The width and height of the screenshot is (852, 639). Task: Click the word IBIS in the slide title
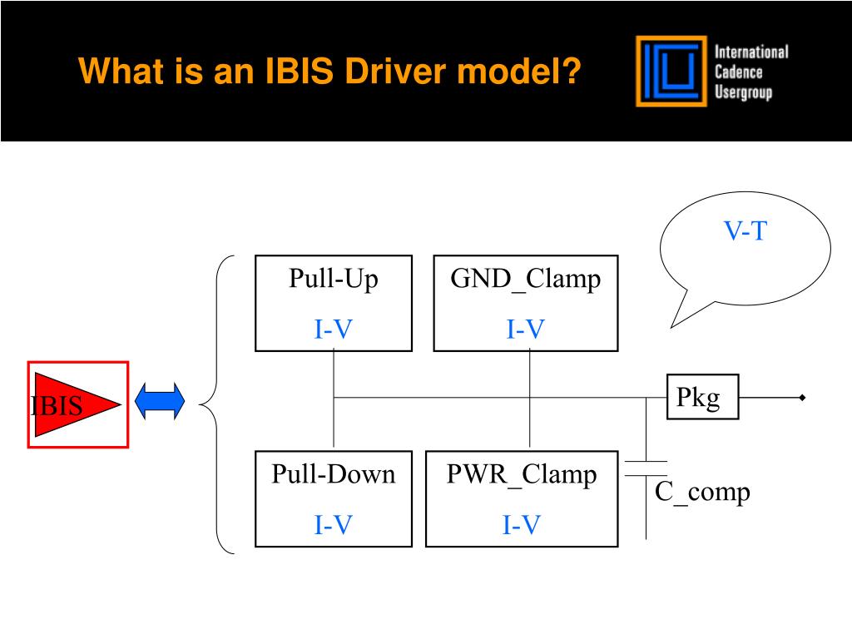pyautogui.click(x=299, y=71)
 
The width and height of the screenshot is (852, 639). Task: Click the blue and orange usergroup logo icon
pyautogui.click(x=671, y=72)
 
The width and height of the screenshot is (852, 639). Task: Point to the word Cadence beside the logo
pyautogui.click(x=739, y=72)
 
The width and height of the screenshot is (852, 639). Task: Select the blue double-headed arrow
pyautogui.click(x=159, y=402)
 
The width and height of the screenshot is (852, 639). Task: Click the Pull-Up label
pyautogui.click(x=333, y=280)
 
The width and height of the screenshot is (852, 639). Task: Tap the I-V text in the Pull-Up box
pyautogui.click(x=333, y=329)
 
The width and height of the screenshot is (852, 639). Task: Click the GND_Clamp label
pyautogui.click(x=526, y=280)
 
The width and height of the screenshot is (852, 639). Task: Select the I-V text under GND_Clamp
pyautogui.click(x=526, y=329)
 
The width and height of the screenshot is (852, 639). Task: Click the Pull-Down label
pyautogui.click(x=333, y=473)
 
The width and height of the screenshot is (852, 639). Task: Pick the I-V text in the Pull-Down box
pyautogui.click(x=333, y=524)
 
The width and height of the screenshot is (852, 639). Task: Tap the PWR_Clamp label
pyautogui.click(x=522, y=475)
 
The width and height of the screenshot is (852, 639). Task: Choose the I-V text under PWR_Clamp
pyautogui.click(x=522, y=524)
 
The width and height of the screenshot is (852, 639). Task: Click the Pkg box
pyautogui.click(x=702, y=397)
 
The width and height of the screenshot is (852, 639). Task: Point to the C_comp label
pyautogui.click(x=702, y=493)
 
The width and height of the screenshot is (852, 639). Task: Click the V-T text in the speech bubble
pyautogui.click(x=745, y=231)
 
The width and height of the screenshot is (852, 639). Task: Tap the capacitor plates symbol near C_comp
pyautogui.click(x=646, y=468)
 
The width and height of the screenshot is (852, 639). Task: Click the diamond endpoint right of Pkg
pyautogui.click(x=802, y=398)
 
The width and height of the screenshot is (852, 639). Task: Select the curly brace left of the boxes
pyautogui.click(x=217, y=404)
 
